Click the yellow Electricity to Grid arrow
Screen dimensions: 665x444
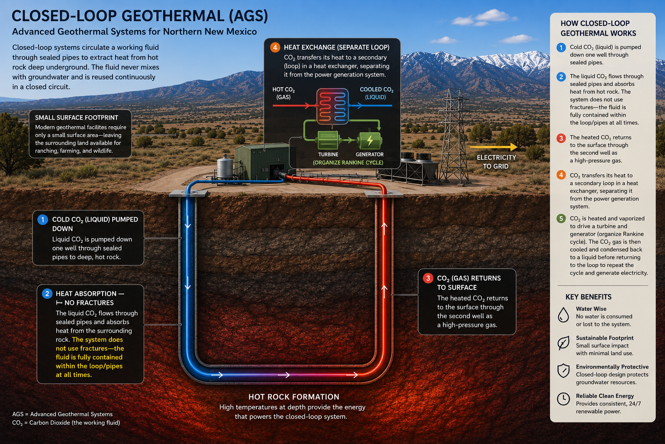pyautogui.click(x=494, y=147)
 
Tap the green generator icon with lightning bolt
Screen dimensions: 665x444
pyautogui.click(x=370, y=140)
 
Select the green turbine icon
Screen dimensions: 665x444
pyautogui.click(x=328, y=140)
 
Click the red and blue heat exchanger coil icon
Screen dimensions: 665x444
pyautogui.click(x=332, y=106)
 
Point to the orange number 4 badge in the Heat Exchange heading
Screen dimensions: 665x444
pyautogui.click(x=275, y=47)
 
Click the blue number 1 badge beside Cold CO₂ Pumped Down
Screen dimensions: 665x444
pyautogui.click(x=43, y=220)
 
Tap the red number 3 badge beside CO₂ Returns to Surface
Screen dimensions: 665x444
pyautogui.click(x=428, y=278)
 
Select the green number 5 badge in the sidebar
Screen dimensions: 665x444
pyautogui.click(x=561, y=219)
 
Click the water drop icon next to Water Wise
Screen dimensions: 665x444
pyautogui.click(x=563, y=315)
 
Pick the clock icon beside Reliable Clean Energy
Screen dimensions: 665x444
pyautogui.click(x=563, y=399)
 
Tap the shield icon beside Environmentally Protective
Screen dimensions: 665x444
pyautogui.click(x=563, y=371)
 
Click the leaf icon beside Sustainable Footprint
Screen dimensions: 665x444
pyautogui.click(x=563, y=343)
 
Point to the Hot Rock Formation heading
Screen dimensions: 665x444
pyautogui.click(x=294, y=397)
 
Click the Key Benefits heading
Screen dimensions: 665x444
pyautogui.click(x=588, y=297)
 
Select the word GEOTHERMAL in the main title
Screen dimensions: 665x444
pyautogui.click(x=173, y=16)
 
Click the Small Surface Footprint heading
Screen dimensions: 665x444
pyautogui.click(x=77, y=118)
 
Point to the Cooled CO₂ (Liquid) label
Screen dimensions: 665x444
pyautogui.click(x=376, y=93)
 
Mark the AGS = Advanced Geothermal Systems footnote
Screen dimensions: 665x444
pyautogui.click(x=62, y=414)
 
